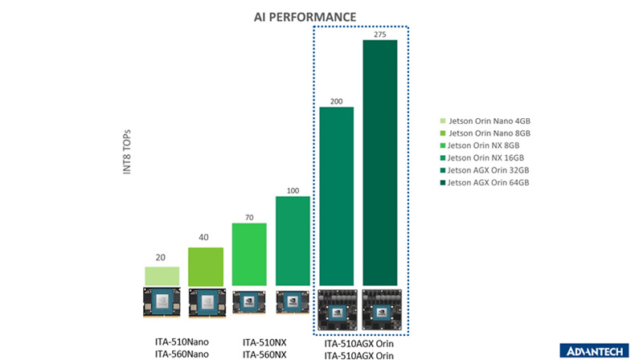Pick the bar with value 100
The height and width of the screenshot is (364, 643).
(x=293, y=241)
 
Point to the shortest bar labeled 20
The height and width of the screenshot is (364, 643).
(x=162, y=276)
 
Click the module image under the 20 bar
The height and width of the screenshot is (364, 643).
(x=162, y=305)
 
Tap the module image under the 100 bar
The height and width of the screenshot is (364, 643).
(x=293, y=303)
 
